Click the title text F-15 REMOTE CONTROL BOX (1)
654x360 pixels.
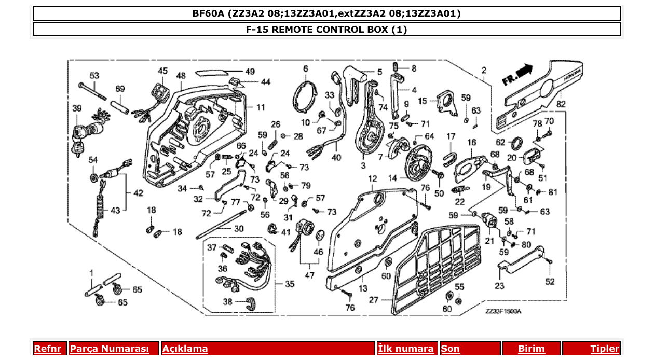pos(326,30)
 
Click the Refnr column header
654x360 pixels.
pos(48,349)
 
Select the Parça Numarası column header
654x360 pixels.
pos(110,349)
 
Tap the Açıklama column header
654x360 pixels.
pos(185,349)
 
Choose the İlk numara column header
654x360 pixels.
pos(406,349)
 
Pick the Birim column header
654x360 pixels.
pos(531,349)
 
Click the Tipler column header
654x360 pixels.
pos(605,349)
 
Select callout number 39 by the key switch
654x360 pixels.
pos(77,108)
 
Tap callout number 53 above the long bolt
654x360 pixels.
pos(94,76)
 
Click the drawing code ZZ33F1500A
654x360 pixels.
pos(503,311)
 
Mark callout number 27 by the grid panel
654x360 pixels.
pos(374,299)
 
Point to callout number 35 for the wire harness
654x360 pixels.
pos(289,284)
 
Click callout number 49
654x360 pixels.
pos(250,71)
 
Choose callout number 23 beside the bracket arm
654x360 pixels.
pos(499,285)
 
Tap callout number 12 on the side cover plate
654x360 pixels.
pos(373,179)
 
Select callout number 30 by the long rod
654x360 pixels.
pos(238,229)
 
